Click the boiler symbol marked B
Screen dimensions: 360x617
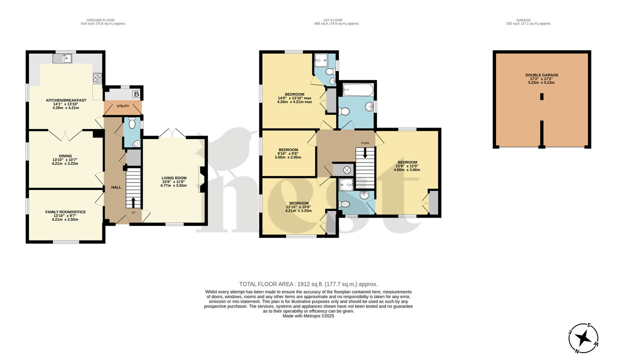(x=135, y=93)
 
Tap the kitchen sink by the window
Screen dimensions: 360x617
(x=64, y=59)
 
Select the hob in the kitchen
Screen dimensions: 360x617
(x=97, y=78)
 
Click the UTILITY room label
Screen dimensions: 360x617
(x=123, y=106)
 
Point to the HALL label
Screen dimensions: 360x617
(x=116, y=187)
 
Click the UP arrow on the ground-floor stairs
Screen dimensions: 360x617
(x=133, y=202)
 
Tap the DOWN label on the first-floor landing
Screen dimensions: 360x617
(x=365, y=143)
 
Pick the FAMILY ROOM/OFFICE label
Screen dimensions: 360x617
(x=65, y=212)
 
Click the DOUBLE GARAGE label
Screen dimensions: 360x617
(x=542, y=75)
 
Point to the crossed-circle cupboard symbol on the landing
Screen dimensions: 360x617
(x=346, y=170)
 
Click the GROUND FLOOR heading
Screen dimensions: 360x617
(x=103, y=19)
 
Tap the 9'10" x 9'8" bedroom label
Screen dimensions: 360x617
(x=288, y=150)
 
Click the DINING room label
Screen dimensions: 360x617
(x=65, y=156)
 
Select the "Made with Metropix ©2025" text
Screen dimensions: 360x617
(x=308, y=316)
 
